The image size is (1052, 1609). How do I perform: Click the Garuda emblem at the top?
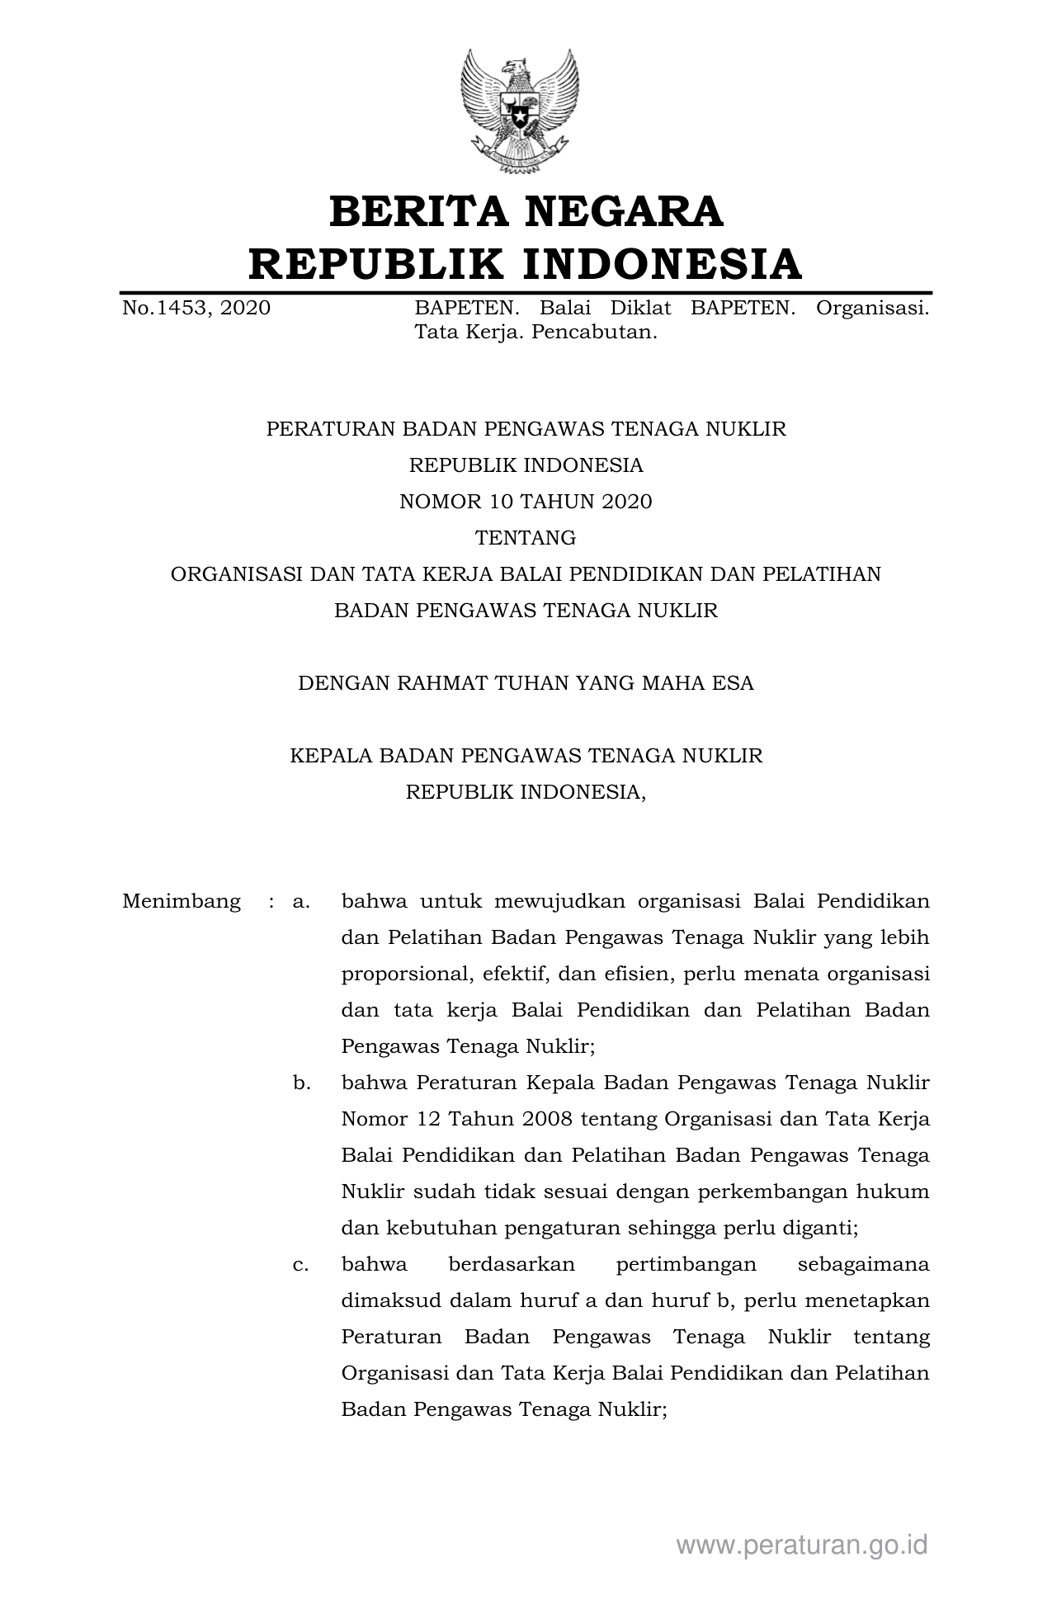520,111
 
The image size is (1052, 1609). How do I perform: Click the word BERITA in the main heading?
418,211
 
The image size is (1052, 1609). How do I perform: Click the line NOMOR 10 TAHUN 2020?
526,502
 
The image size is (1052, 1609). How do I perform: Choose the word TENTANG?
526,538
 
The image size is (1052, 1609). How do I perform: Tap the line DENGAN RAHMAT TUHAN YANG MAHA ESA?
526,683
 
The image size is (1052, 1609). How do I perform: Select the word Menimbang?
182,901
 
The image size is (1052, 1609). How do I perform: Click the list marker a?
301,901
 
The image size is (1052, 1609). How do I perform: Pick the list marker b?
301,1083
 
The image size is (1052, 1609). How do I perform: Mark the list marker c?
301,1264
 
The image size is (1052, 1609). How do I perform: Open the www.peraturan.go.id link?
802,1545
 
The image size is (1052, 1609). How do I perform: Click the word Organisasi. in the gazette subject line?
872,309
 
